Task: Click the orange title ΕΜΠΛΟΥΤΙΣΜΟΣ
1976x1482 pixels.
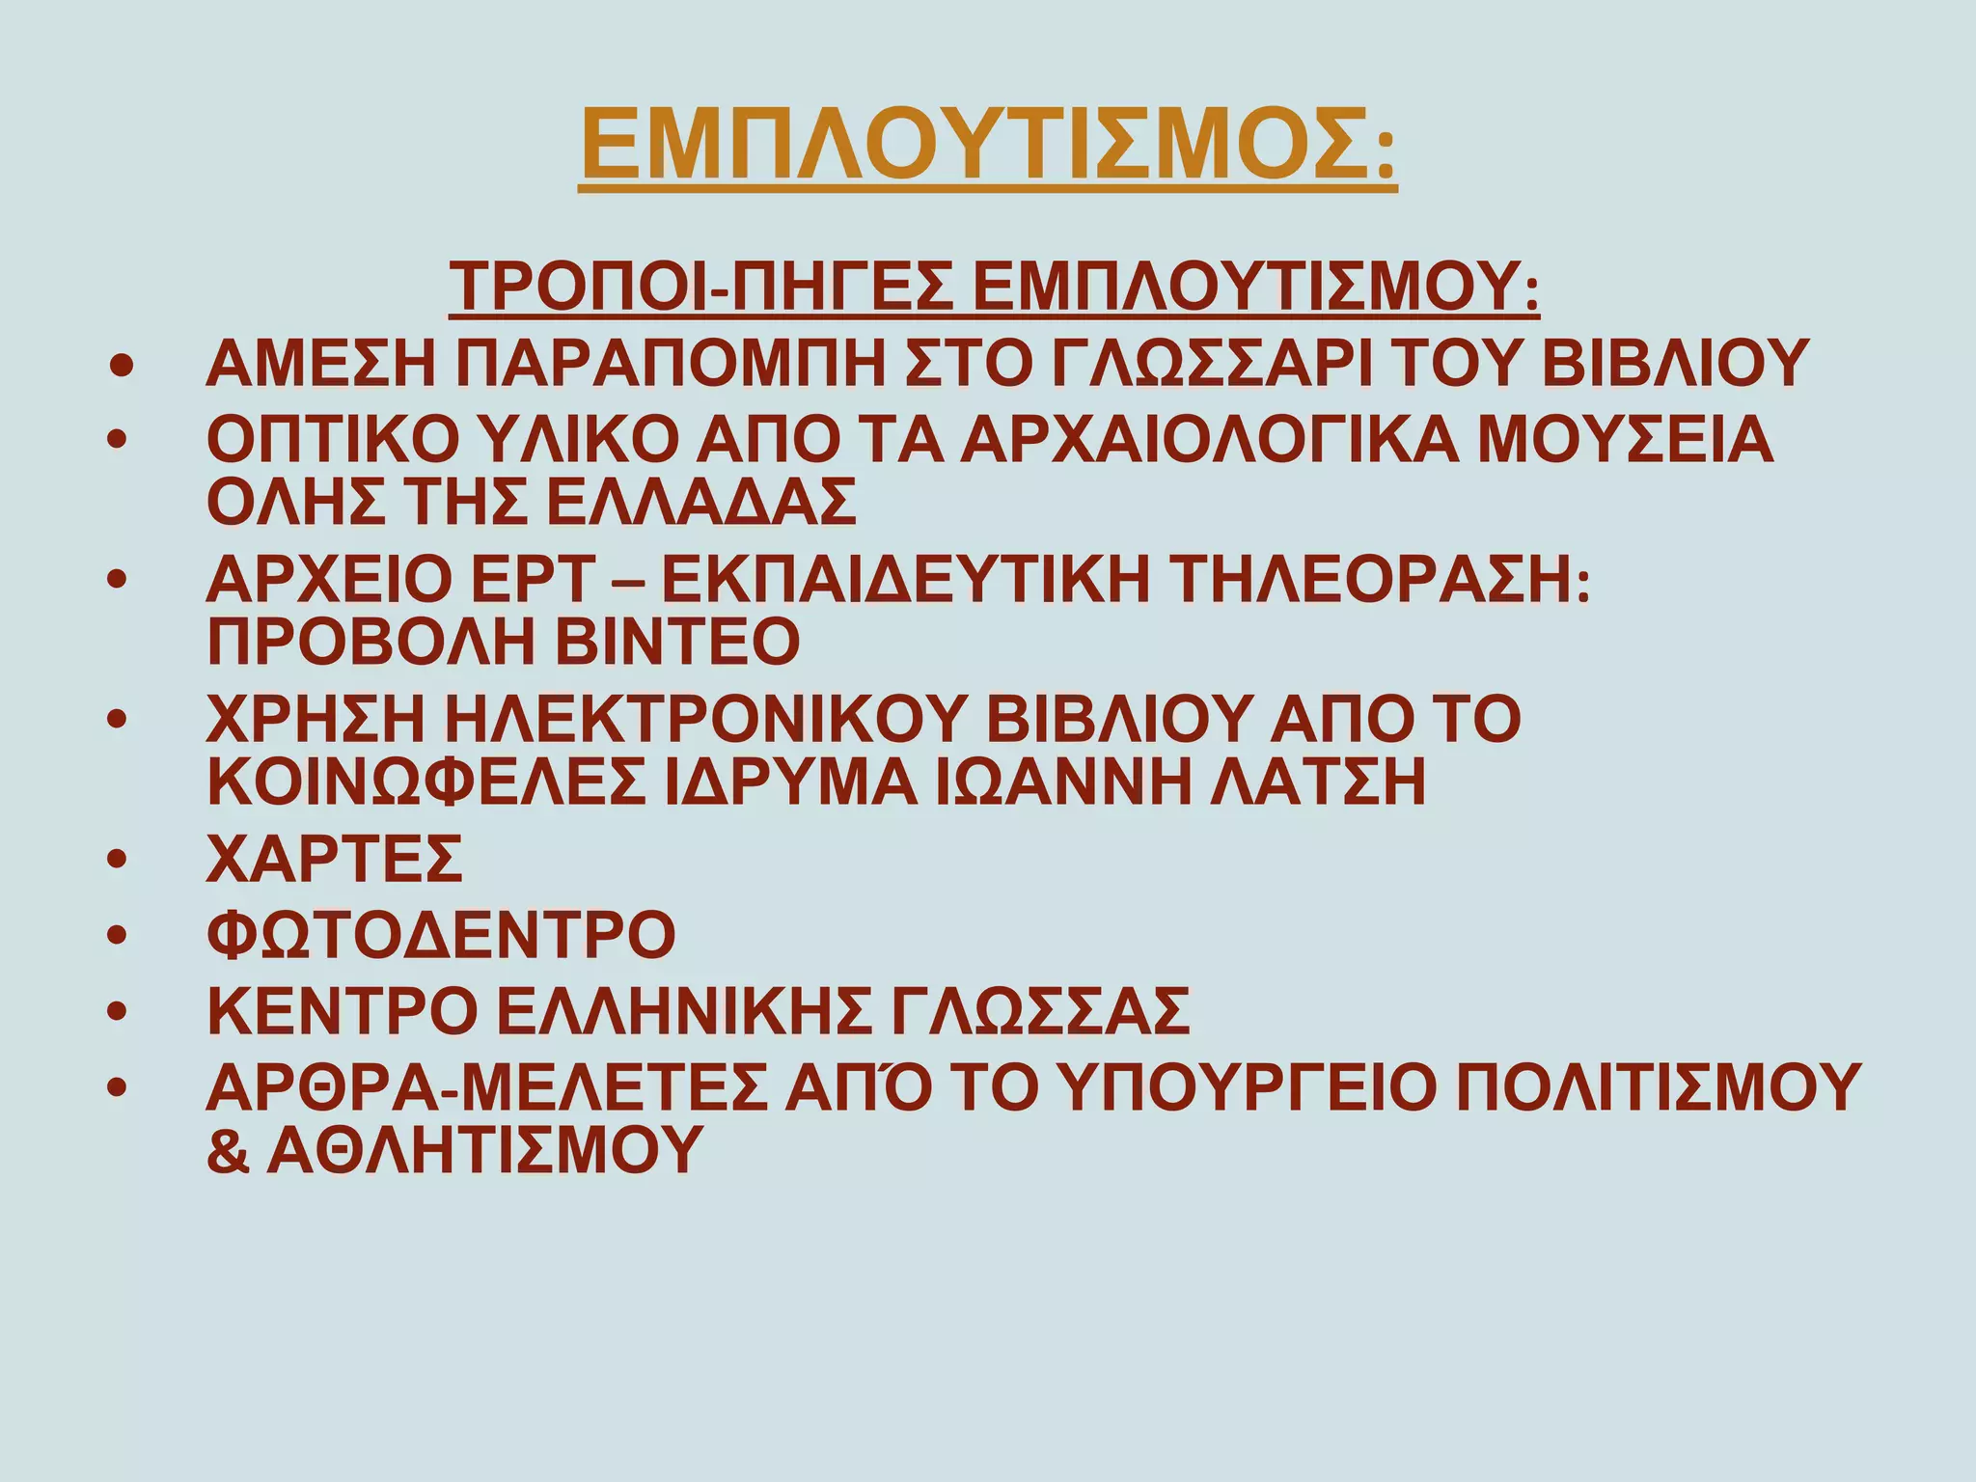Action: [x=988, y=145]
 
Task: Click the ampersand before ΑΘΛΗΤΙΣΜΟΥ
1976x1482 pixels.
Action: [x=228, y=1150]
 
